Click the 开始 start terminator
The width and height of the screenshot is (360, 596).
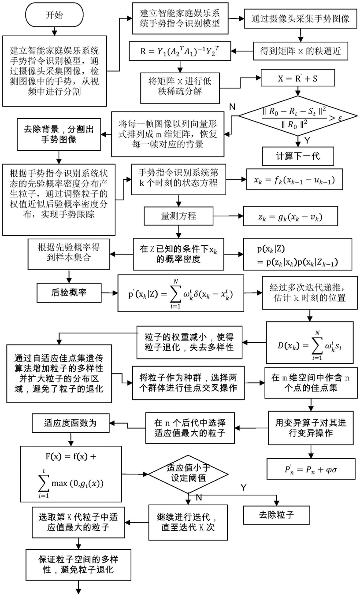click(55, 15)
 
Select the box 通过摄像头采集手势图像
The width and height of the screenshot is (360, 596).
click(301, 19)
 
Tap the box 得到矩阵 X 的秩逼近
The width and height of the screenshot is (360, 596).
click(301, 51)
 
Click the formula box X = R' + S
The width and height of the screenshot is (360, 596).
click(298, 78)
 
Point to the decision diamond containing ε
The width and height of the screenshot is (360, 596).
click(298, 116)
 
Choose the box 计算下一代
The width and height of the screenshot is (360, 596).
click(298, 156)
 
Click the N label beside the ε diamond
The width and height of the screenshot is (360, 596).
click(232, 107)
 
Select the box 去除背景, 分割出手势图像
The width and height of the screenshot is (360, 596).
click(59, 134)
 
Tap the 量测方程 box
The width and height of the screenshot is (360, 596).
click(178, 216)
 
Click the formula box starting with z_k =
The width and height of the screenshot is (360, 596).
click(290, 216)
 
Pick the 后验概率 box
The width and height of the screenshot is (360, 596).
click(69, 292)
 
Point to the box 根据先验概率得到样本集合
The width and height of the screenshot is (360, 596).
click(69, 254)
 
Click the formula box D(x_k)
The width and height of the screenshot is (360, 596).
click(310, 343)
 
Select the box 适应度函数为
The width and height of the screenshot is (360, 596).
click(71, 423)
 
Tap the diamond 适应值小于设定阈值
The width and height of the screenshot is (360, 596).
click(188, 474)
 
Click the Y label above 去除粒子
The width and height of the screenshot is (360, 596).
click(243, 488)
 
